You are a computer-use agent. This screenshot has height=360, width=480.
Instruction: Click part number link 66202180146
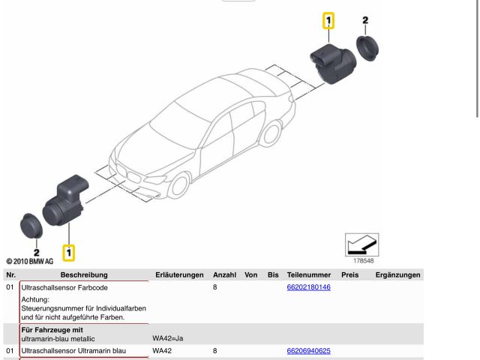coord(308,287)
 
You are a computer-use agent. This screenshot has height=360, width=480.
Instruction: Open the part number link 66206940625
coord(308,350)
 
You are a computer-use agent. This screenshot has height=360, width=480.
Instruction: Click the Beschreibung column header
coord(84,275)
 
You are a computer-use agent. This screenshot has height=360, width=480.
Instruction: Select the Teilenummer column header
coord(309,275)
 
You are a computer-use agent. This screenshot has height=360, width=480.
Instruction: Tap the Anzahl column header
coord(224,275)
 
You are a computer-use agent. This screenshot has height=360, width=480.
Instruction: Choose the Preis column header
coord(349,275)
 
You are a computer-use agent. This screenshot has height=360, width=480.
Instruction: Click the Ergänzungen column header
coord(397,275)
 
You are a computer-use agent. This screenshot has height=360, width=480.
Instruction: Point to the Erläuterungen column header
coord(179,275)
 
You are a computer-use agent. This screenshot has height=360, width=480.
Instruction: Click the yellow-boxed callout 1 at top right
coord(328,21)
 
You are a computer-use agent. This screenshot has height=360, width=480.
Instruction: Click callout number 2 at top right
coord(365,20)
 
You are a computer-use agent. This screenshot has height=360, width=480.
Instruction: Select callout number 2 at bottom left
coord(36,253)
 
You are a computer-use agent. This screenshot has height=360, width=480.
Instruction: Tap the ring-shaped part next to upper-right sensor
coord(367,47)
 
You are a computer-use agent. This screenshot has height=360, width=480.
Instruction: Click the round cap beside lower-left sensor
coord(31,223)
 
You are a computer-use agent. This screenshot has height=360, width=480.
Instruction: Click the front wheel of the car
coord(178,187)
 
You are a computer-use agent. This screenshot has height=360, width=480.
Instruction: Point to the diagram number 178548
coord(363,260)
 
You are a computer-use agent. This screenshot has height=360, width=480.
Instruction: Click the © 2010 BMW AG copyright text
coord(29,262)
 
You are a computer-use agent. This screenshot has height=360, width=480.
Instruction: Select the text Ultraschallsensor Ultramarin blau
coord(73,350)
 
